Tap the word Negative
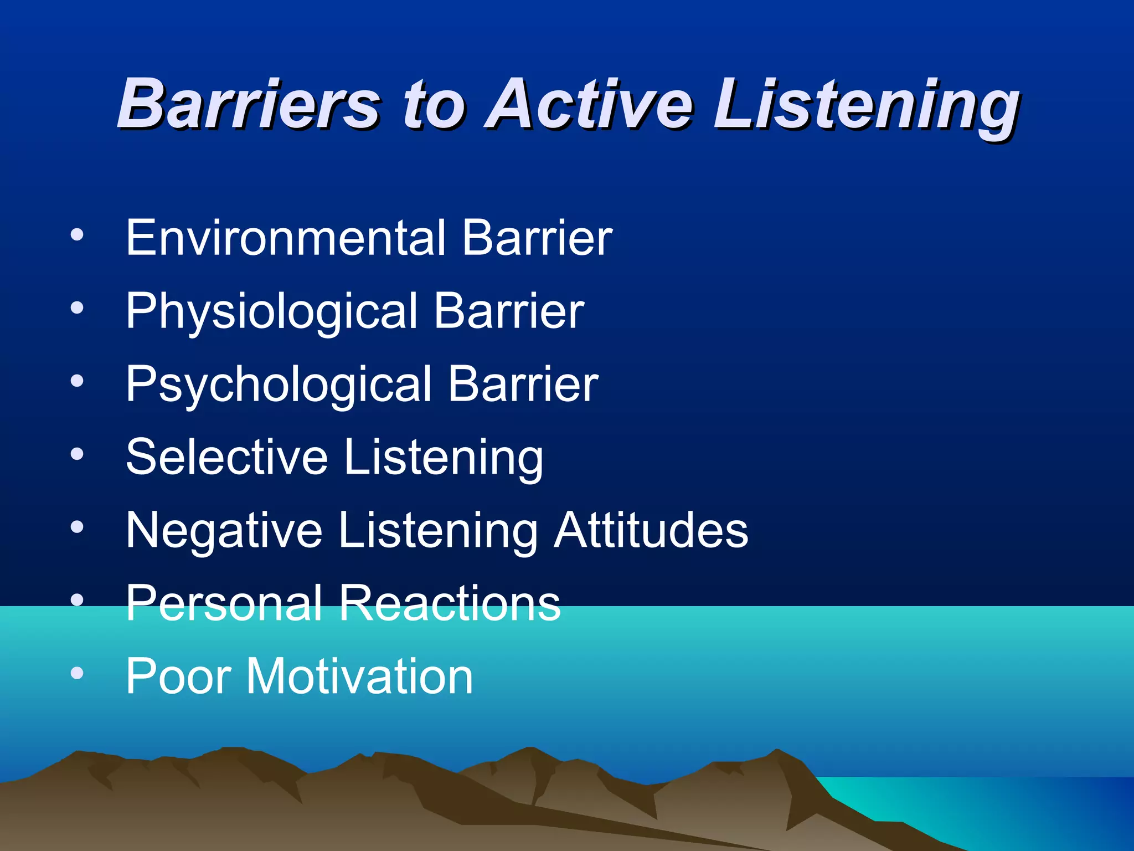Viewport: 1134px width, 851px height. tap(224, 531)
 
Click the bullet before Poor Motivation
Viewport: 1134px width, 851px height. tap(77, 673)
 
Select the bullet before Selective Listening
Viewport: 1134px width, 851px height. tap(77, 454)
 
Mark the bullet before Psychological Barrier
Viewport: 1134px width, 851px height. tap(77, 381)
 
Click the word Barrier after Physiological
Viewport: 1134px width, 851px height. tap(509, 311)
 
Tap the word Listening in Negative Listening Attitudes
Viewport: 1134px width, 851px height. tap(437, 531)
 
